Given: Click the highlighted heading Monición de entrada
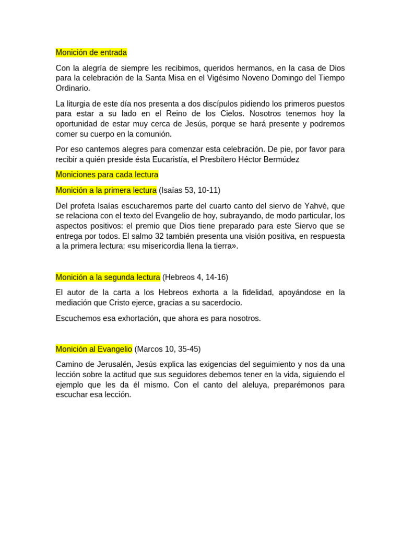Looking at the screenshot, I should [91, 53].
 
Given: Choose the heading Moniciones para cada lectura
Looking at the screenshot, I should [107, 175].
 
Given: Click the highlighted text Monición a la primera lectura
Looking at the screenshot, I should [106, 190].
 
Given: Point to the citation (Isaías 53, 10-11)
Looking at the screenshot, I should [190, 190].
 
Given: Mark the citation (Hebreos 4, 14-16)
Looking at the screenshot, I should [195, 277].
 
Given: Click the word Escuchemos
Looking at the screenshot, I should [77, 318].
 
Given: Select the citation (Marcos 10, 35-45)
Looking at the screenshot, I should [168, 349].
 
